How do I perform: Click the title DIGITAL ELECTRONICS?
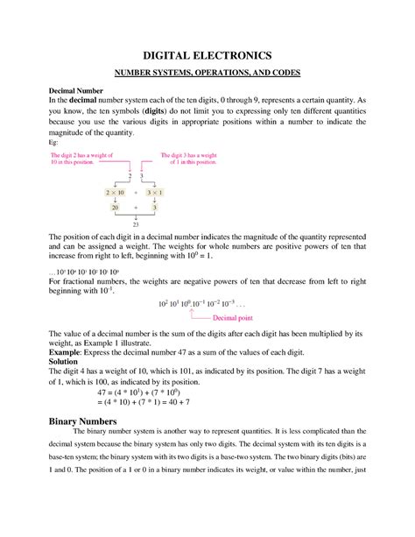[x=207, y=54]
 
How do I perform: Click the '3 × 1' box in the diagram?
[x=155, y=190]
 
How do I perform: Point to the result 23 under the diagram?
[x=136, y=224]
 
